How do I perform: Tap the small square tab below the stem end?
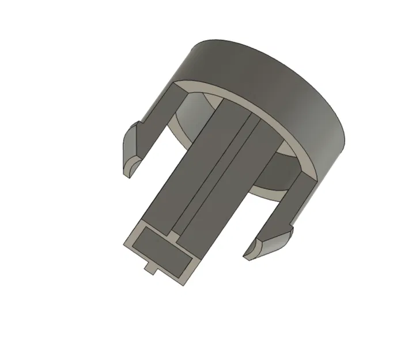[151, 267]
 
